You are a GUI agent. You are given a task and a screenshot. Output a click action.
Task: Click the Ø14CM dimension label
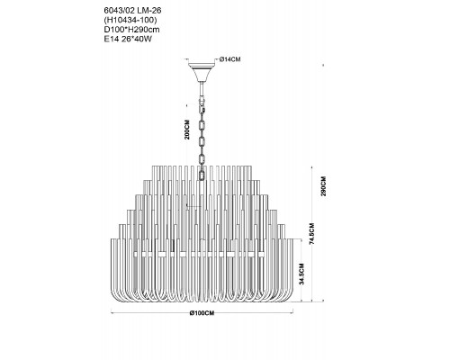pyautogui.click(x=229, y=59)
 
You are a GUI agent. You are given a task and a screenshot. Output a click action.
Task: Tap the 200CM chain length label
pyautogui.click(x=187, y=130)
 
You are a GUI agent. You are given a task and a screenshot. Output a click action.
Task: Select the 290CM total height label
pyautogui.click(x=323, y=186)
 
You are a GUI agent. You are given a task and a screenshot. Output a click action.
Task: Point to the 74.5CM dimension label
pyautogui.click(x=312, y=234)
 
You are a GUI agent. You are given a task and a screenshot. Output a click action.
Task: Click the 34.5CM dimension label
pyautogui.click(x=301, y=274)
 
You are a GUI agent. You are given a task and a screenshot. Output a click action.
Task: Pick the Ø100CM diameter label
pyautogui.click(x=202, y=313)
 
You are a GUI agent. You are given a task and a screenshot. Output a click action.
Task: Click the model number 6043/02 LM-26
pyautogui.click(x=132, y=11)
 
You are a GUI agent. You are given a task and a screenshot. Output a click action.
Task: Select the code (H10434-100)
pyautogui.click(x=130, y=20)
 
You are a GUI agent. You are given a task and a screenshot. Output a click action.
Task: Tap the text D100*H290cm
pyautogui.click(x=131, y=30)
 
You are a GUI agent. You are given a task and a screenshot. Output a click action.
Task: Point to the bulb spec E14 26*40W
pyautogui.click(x=128, y=40)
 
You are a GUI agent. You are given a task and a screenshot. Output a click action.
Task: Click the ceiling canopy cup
pyautogui.click(x=202, y=71)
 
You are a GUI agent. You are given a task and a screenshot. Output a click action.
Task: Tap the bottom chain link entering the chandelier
pyautogui.click(x=202, y=175)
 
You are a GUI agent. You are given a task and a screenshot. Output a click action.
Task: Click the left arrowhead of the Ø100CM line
pyautogui.click(x=112, y=313)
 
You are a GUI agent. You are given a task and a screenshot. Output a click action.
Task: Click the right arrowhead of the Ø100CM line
pyautogui.click(x=292, y=313)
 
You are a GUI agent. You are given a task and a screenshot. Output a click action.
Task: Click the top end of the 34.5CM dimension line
pyautogui.click(x=301, y=238)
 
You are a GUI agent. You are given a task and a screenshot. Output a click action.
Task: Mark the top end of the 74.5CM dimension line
pyautogui.click(x=312, y=166)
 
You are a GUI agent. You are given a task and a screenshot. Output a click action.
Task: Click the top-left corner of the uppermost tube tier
pyautogui.click(x=152, y=166)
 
